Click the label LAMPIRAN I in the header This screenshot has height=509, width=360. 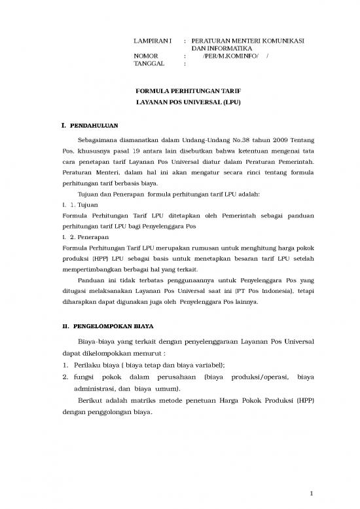(147, 41)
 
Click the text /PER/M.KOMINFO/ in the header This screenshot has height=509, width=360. (230, 56)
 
